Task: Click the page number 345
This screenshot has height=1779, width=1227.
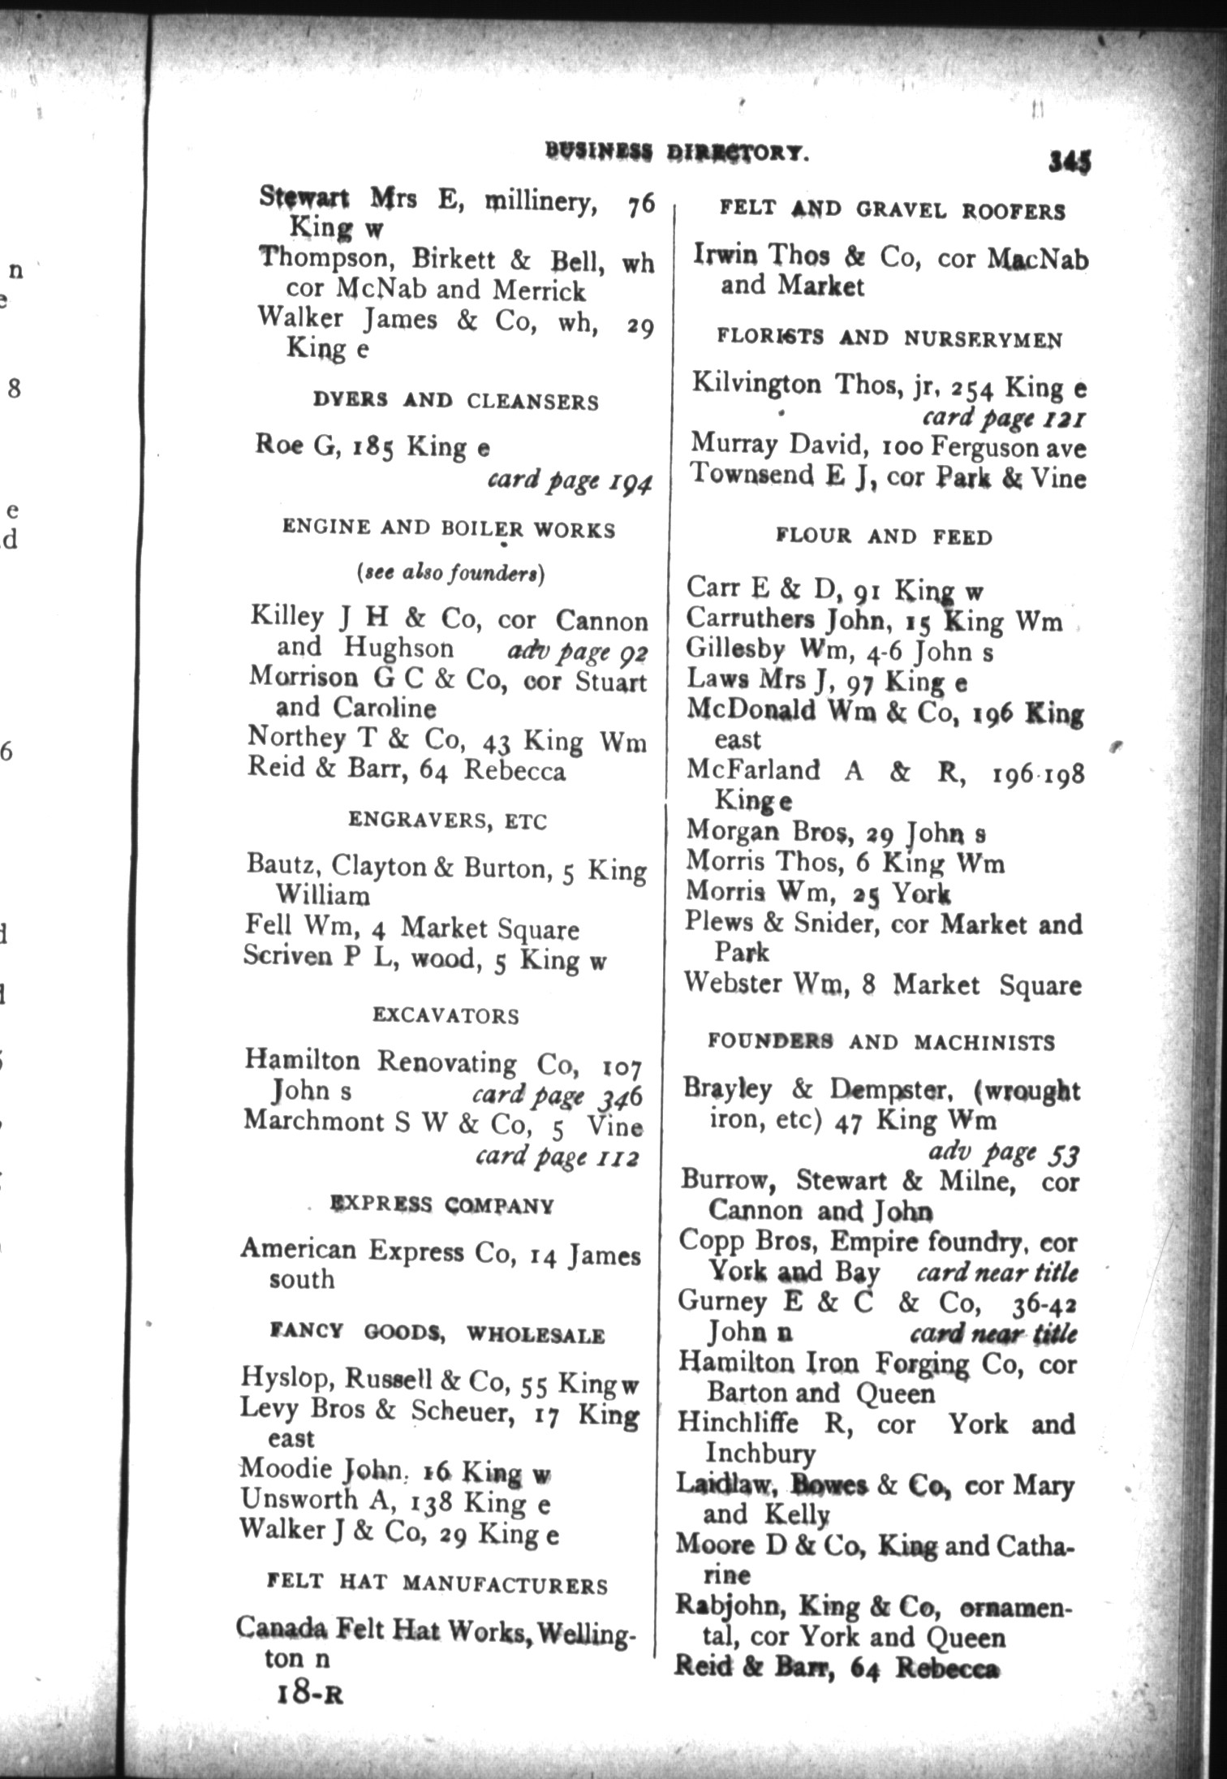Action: (1069, 161)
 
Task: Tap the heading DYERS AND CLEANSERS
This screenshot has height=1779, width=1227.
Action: (456, 401)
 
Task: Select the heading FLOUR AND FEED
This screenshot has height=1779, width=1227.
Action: (884, 536)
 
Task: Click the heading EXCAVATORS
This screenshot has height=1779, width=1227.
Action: (446, 1015)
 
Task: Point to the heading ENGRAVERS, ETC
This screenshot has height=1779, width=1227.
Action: (448, 821)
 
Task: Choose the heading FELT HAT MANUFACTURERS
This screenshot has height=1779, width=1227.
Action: (437, 1584)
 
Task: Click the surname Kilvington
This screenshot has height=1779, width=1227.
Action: (756, 384)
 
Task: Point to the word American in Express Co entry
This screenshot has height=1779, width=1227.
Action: (298, 1248)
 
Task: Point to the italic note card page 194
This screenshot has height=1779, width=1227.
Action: (569, 480)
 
